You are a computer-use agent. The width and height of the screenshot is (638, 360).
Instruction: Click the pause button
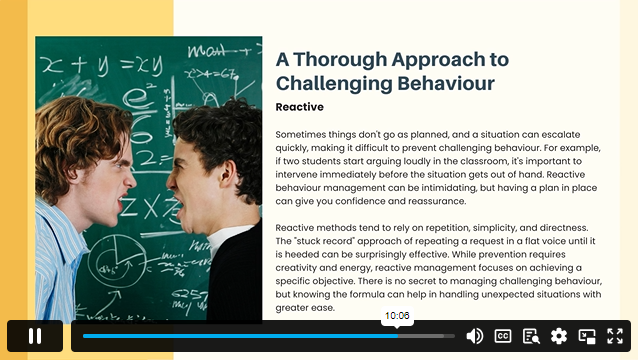pyautogui.click(x=35, y=336)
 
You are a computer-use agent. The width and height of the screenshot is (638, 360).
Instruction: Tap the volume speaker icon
pyautogui.click(x=475, y=336)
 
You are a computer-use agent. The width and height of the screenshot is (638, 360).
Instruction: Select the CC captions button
pyautogui.click(x=503, y=336)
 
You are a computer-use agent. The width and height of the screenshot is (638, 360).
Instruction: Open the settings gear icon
pyautogui.click(x=559, y=336)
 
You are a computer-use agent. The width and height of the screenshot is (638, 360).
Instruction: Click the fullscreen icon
pyautogui.click(x=615, y=336)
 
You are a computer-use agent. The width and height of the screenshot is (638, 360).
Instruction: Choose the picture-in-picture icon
pyautogui.click(x=587, y=336)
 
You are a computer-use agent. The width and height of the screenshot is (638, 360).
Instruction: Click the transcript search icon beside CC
pyautogui.click(x=531, y=336)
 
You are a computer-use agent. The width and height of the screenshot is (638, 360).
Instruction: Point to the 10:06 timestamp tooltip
pyautogui.click(x=397, y=316)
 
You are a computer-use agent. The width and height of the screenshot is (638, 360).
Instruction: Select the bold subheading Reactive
pyautogui.click(x=299, y=107)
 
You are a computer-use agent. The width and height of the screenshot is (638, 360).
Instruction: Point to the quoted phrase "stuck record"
pyautogui.click(x=317, y=241)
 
